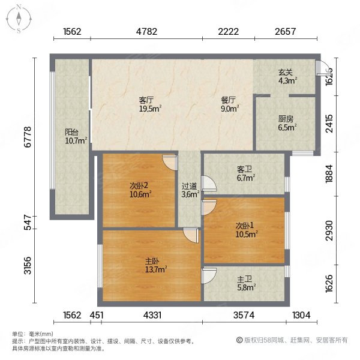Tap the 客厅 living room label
coord(147,100)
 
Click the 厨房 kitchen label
coord(285,119)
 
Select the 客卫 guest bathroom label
coord(245,169)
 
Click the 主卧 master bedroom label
coord(152,262)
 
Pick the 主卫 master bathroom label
coord(245,279)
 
